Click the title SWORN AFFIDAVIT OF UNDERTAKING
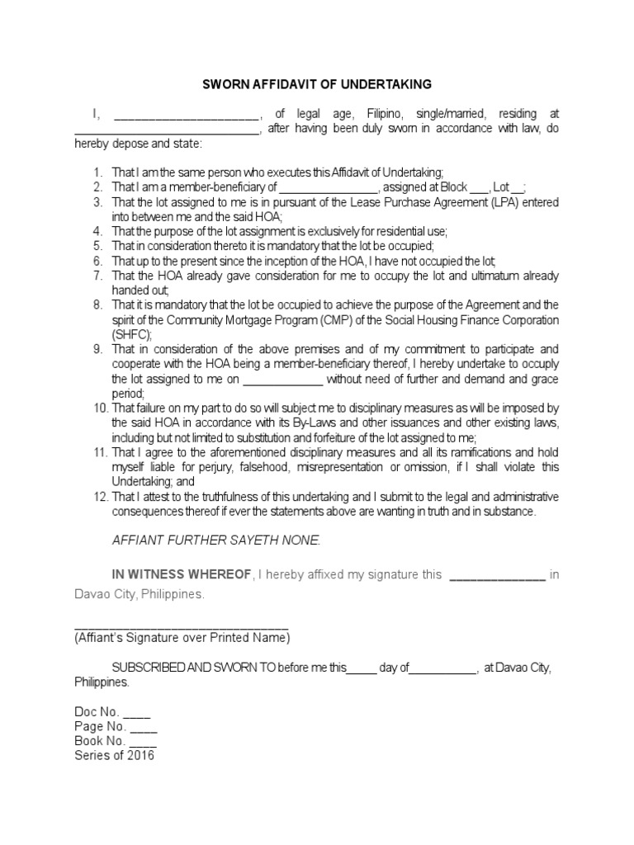point(318,85)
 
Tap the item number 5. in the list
point(97,246)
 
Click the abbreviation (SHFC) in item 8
point(132,334)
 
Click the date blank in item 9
point(284,380)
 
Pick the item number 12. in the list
point(100,496)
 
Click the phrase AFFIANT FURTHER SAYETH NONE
point(215,540)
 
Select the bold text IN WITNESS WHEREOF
point(182,574)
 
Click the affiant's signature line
point(181,627)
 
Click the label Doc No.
point(97,712)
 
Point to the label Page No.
point(100,727)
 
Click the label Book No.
point(100,741)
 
